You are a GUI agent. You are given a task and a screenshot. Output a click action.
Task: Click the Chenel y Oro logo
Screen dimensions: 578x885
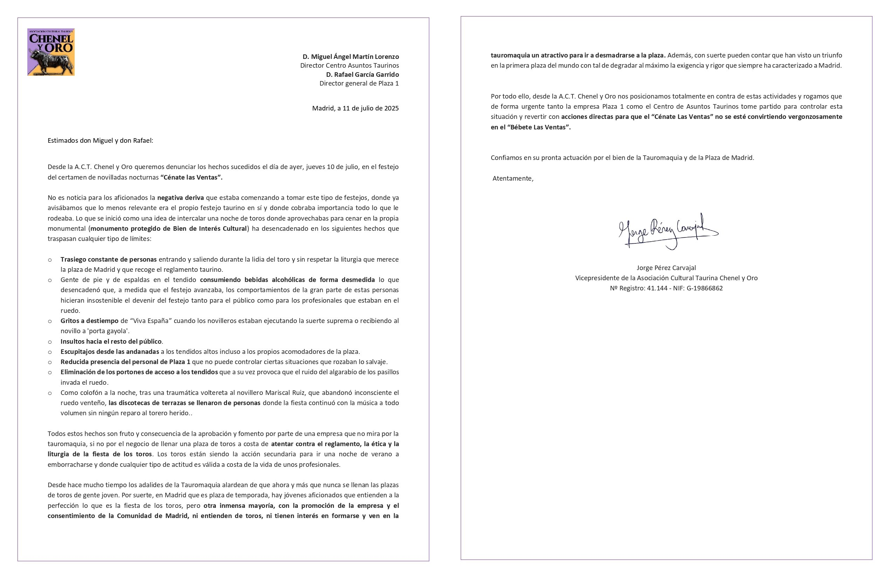point(51,52)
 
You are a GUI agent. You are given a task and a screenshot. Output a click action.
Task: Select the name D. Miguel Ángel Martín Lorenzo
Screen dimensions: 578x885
point(350,56)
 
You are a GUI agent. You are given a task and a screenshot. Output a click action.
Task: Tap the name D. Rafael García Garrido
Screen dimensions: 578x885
point(362,74)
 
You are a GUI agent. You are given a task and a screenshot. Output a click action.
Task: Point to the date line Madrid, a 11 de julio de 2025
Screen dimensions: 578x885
point(355,108)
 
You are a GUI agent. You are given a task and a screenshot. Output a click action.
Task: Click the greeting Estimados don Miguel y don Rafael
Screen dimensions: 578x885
point(100,141)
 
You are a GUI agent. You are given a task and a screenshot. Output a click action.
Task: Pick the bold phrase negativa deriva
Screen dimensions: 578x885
point(180,197)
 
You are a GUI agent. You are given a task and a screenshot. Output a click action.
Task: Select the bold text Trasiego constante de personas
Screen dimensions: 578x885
point(109,260)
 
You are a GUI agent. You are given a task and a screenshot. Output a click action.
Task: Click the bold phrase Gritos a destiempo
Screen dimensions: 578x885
point(89,321)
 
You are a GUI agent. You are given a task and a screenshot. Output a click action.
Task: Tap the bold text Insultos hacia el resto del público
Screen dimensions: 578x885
point(111,342)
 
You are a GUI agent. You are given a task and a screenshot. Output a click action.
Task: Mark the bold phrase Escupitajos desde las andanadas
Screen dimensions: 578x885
point(110,352)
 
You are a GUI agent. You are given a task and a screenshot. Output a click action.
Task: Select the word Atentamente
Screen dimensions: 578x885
point(513,179)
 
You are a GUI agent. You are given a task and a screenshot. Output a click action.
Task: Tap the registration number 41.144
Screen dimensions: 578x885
point(657,288)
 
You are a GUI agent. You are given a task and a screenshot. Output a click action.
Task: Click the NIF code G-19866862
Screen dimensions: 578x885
point(705,288)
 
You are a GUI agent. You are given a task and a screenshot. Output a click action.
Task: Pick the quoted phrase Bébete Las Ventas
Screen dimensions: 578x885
point(538,127)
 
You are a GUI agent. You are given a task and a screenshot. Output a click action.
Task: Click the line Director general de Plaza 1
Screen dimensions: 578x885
point(359,83)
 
